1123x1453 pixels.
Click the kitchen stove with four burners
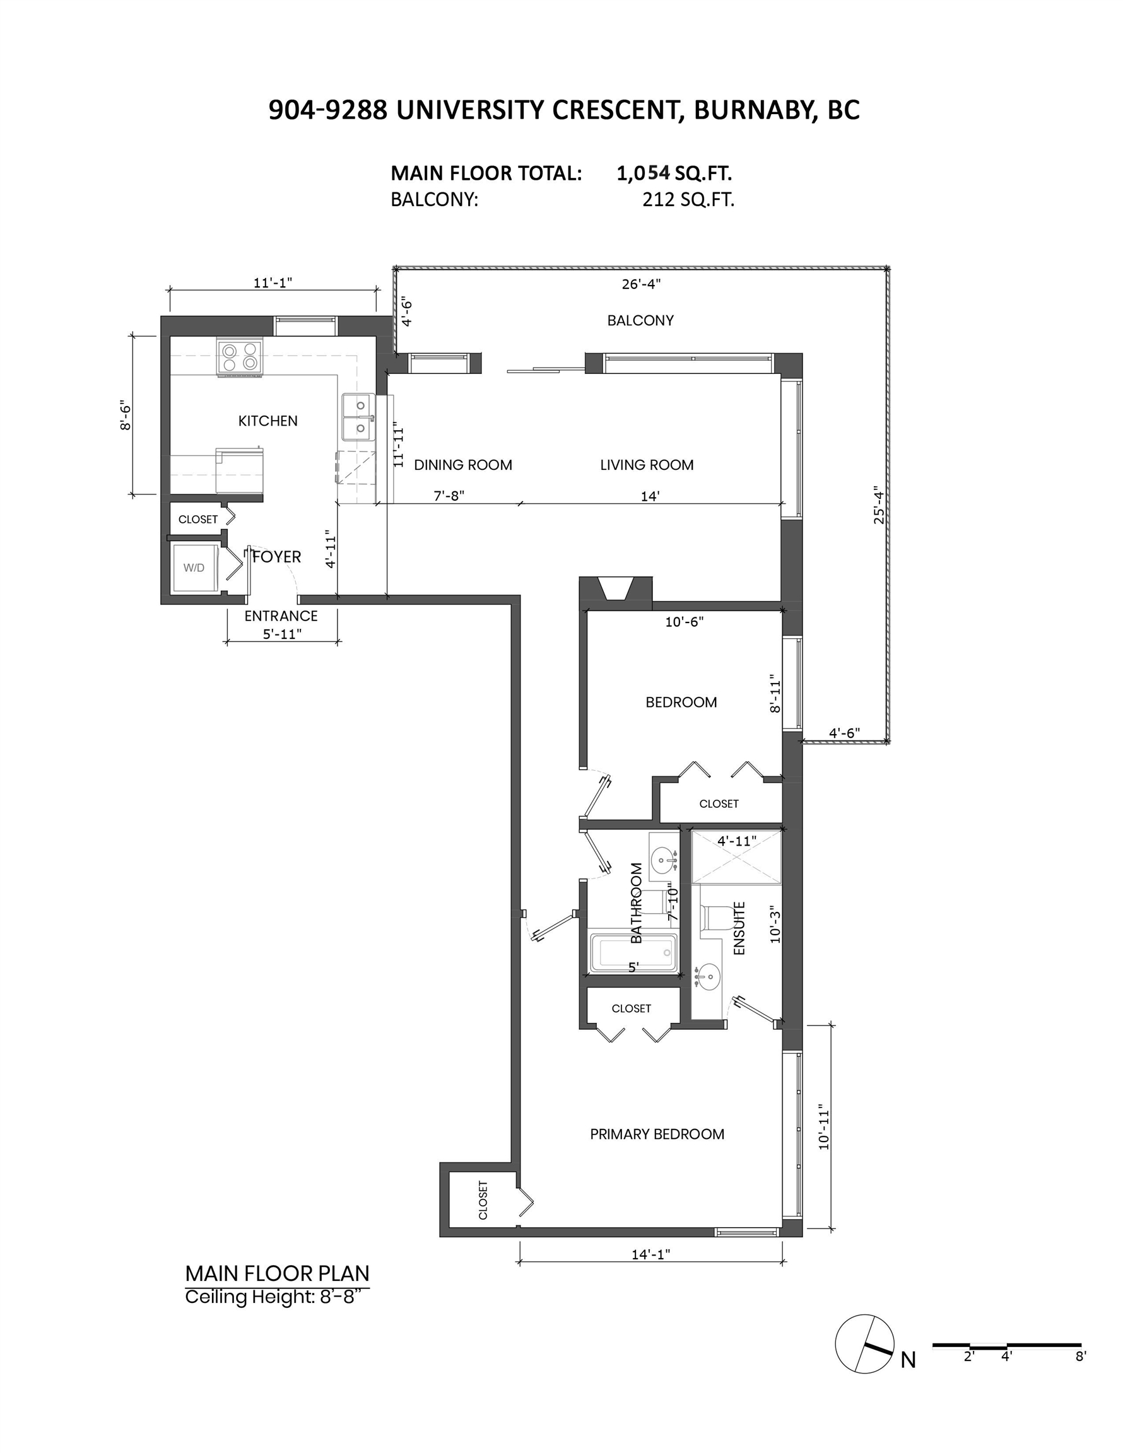pyautogui.click(x=240, y=358)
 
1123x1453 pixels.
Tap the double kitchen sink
pyautogui.click(x=358, y=417)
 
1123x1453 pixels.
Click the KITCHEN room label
pyautogui.click(x=268, y=421)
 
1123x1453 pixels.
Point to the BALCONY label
pyautogui.click(x=640, y=320)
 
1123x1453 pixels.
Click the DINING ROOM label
pyautogui.click(x=463, y=465)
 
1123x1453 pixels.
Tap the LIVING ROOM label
pyautogui.click(x=647, y=465)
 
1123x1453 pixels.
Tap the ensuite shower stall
pyautogui.click(x=736, y=858)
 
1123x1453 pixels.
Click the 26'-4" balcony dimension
pyautogui.click(x=641, y=284)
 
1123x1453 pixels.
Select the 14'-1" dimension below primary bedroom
pyautogui.click(x=651, y=1254)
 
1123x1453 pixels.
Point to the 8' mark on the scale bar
pyautogui.click(x=1080, y=1356)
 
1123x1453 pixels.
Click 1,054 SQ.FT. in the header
pyautogui.click(x=674, y=173)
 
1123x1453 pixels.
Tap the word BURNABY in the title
pyautogui.click(x=751, y=110)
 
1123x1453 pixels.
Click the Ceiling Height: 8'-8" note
pyautogui.click(x=277, y=1297)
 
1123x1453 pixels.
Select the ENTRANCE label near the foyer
pyautogui.click(x=281, y=616)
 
